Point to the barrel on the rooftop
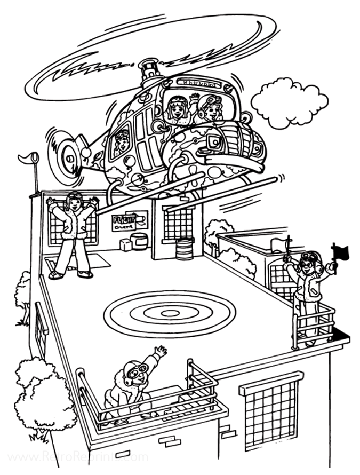[x=184, y=249]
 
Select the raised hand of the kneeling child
[x=159, y=352]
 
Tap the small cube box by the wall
[x=126, y=244]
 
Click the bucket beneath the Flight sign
[x=140, y=240]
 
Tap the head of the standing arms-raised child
[x=74, y=202]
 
